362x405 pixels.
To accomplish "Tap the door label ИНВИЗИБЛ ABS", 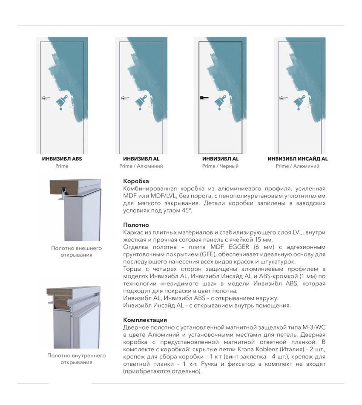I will tap(62, 159).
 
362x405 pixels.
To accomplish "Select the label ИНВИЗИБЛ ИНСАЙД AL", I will tap(298, 159).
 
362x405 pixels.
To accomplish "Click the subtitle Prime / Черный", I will tap(220, 166).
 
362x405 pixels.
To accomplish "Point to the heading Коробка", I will tap(136, 181).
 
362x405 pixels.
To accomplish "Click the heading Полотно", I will tap(136, 225).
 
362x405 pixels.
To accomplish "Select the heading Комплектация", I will tap(145, 320).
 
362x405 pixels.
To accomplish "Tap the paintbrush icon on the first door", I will tap(62, 103).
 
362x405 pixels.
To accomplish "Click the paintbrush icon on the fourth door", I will tap(300, 103).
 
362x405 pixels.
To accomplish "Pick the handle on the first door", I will tap(46, 98).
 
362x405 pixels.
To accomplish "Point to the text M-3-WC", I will tap(314, 327).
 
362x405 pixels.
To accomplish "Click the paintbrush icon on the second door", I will tap(141, 103).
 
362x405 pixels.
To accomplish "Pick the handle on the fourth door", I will tap(283, 98).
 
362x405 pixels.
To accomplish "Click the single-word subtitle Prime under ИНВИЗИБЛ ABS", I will tap(62, 166).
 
